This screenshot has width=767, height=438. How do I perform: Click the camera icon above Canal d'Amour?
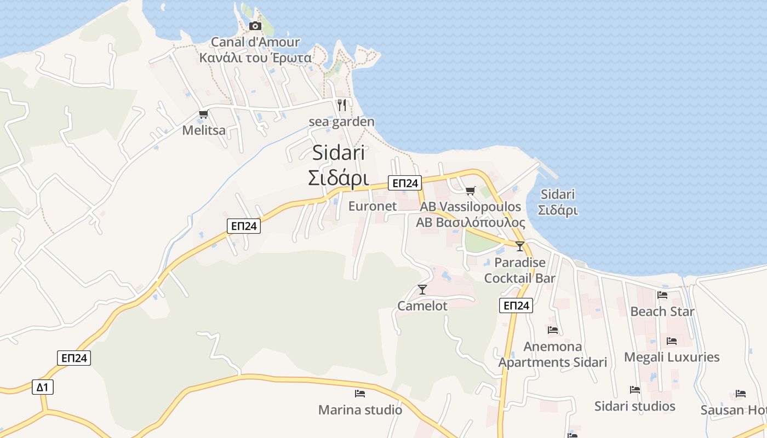click(x=255, y=26)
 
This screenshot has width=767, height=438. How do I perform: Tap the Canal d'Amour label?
click(x=255, y=42)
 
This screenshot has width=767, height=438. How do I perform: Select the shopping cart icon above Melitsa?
click(x=204, y=114)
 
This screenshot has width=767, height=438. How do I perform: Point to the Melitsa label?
click(x=204, y=130)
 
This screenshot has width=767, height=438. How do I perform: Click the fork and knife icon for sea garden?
click(x=342, y=105)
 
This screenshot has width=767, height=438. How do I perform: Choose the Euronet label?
click(x=373, y=206)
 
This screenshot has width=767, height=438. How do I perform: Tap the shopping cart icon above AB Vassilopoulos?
click(x=470, y=191)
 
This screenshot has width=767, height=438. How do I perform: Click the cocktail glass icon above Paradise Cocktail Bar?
click(x=520, y=246)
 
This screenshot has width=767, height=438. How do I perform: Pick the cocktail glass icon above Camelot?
click(x=422, y=290)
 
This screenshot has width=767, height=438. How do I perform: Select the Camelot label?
click(x=422, y=306)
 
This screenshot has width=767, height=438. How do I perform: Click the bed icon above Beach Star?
click(x=662, y=295)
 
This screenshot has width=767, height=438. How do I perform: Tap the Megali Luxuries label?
click(x=672, y=358)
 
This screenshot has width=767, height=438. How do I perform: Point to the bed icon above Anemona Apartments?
click(x=553, y=330)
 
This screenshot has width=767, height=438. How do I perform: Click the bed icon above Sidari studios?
click(x=635, y=390)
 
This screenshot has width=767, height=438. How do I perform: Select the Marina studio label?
click(x=360, y=410)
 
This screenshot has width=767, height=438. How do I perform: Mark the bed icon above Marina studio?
click(x=360, y=394)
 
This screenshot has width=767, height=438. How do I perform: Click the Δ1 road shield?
click(x=42, y=388)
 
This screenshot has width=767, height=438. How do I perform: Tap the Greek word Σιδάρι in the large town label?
click(x=338, y=178)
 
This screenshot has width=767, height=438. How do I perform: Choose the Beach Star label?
click(x=662, y=312)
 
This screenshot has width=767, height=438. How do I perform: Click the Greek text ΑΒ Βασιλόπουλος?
click(x=470, y=223)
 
